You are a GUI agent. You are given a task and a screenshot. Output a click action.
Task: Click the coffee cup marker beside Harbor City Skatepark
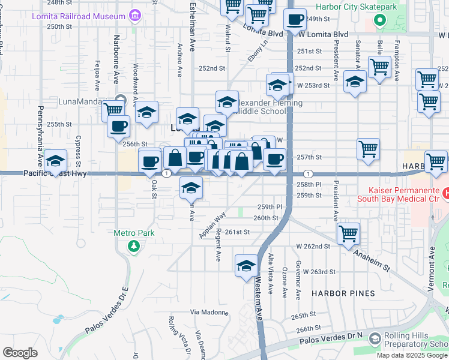[x=295, y=20]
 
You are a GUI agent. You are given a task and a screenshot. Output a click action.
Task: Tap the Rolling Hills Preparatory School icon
[x=375, y=340]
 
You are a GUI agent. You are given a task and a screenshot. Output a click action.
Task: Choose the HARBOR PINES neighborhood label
[x=343, y=293]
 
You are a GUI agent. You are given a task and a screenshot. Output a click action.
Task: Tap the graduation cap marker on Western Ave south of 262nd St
[x=246, y=266]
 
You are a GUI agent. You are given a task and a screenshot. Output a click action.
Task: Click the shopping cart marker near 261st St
[x=348, y=235]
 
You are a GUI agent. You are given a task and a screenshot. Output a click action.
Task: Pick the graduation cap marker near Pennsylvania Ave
[x=55, y=161]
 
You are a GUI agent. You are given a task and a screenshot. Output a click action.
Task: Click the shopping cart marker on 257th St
[x=368, y=149]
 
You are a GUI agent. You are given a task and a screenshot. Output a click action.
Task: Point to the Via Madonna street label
[x=206, y=312]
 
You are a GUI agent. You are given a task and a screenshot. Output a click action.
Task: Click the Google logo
[x=20, y=352]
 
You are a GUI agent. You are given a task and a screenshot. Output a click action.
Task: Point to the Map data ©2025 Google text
[x=411, y=355]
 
